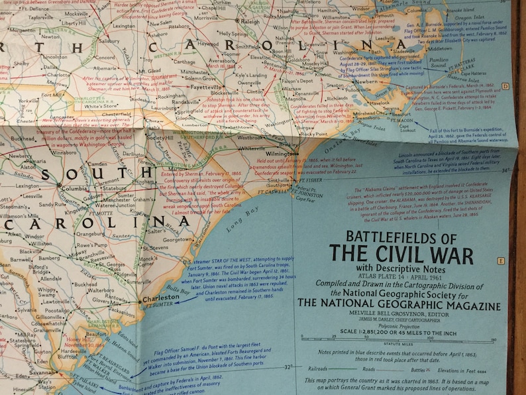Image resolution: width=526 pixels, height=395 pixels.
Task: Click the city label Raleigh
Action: pos(251,21)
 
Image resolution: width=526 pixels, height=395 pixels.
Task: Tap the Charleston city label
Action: pos(161,298)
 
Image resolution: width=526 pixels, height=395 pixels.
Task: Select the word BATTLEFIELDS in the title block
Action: pos(402,237)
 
